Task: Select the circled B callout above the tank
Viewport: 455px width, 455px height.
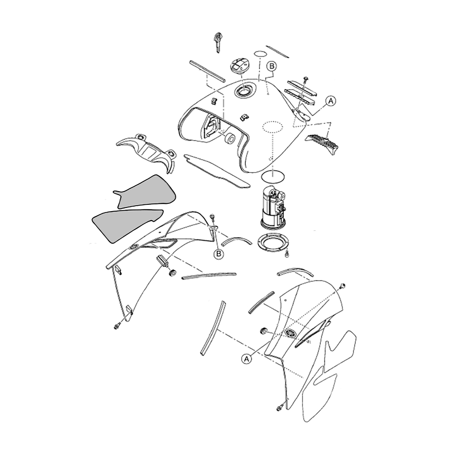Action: (272, 66)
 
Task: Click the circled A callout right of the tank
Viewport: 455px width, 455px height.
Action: (331, 101)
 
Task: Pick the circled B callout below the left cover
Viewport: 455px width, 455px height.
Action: (219, 254)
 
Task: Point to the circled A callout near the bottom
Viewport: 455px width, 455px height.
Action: (246, 359)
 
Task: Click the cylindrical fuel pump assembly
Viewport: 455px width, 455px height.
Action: (273, 207)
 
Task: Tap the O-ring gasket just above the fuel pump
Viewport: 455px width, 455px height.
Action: (273, 177)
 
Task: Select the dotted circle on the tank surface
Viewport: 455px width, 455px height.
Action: (273, 126)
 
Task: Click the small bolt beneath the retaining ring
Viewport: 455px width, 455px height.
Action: (287, 254)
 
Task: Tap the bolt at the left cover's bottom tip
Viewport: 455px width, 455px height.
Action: (118, 326)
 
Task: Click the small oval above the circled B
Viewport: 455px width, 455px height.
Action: (260, 54)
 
